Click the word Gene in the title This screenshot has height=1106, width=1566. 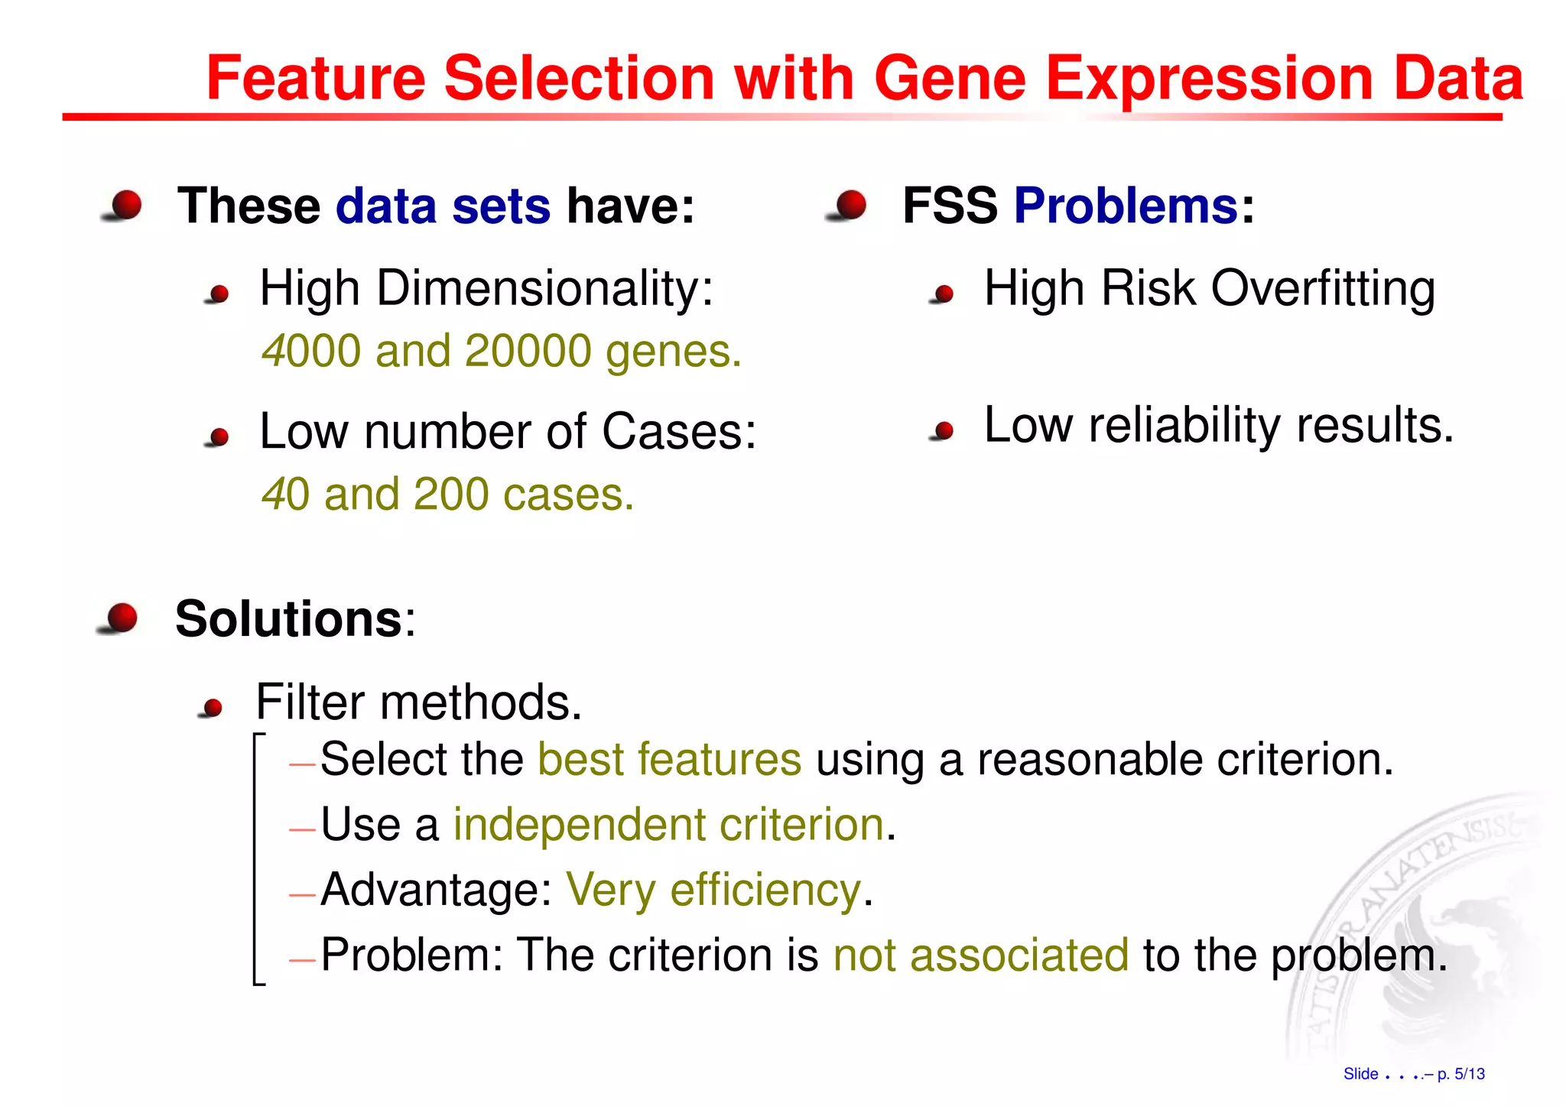(950, 78)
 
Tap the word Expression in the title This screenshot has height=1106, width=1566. (1210, 79)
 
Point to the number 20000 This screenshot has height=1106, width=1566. (528, 351)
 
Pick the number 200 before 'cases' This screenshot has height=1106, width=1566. (450, 494)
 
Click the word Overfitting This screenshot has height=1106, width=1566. (1323, 289)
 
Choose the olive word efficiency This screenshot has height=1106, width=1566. (765, 890)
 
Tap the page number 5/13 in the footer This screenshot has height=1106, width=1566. (1469, 1074)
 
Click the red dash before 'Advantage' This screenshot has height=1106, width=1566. (302, 894)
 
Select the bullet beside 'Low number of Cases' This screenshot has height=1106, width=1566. (219, 436)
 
